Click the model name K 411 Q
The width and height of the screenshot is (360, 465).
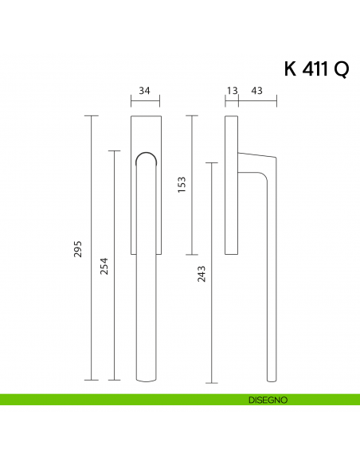[315, 69]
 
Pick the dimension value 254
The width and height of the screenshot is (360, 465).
[104, 266]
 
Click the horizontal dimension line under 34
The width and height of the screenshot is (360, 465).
[145, 101]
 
